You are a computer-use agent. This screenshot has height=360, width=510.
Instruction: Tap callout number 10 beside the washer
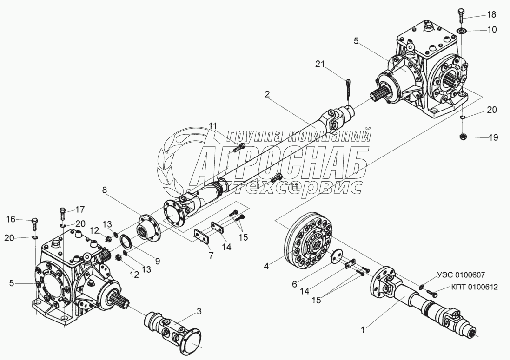[x=492, y=30]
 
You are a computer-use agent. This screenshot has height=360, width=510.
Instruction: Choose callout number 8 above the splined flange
[x=105, y=190]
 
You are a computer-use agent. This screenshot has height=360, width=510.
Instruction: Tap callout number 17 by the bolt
[x=80, y=209]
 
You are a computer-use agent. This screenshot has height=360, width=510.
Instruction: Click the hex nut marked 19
[x=463, y=137]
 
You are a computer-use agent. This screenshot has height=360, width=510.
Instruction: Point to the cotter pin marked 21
[x=349, y=90]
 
